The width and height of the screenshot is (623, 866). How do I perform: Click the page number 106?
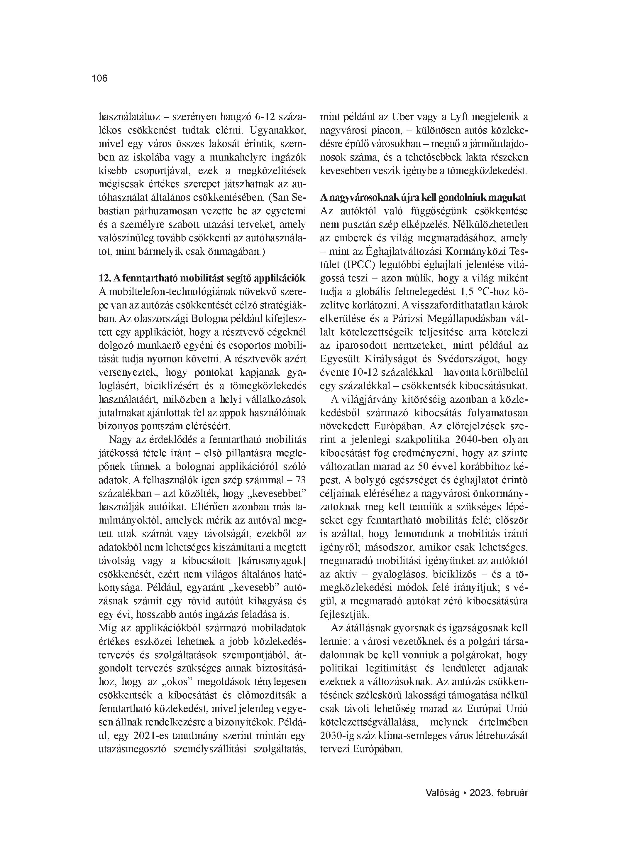[100, 78]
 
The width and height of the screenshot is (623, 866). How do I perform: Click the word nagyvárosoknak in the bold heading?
[362, 197]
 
